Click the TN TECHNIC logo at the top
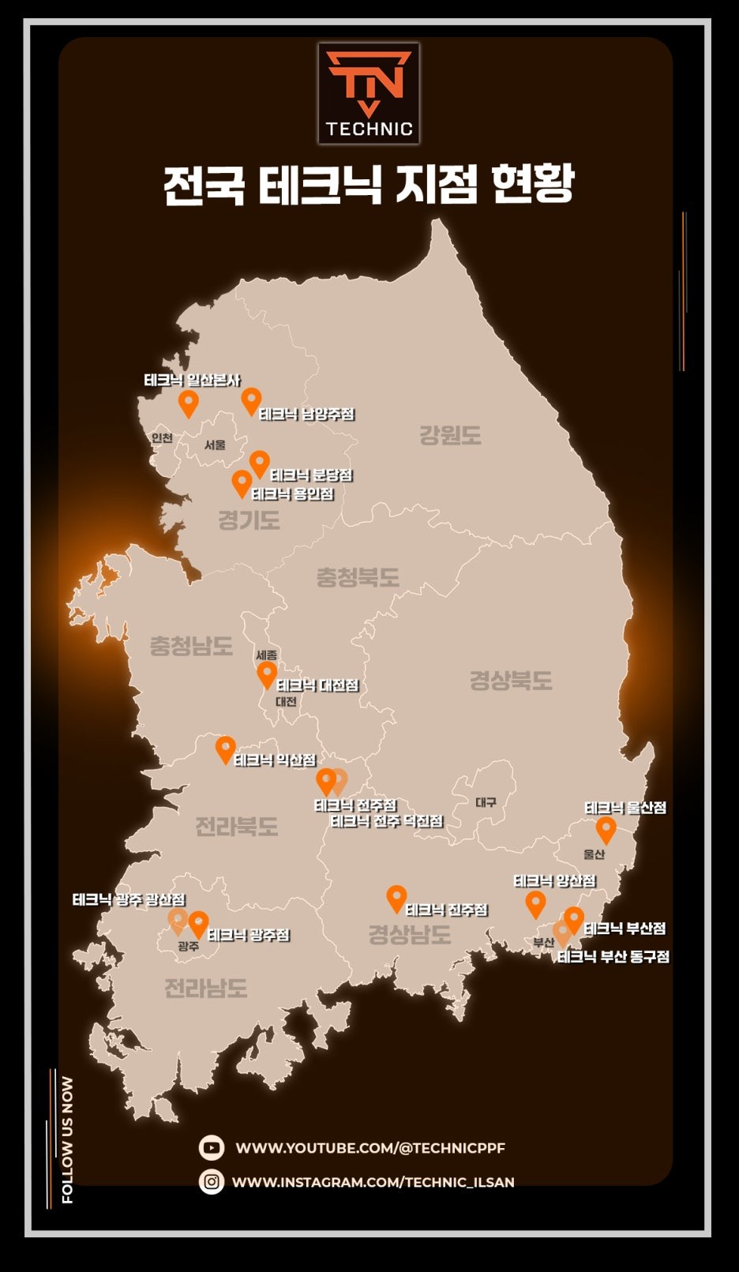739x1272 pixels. click(369, 93)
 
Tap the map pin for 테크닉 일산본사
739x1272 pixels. click(188, 403)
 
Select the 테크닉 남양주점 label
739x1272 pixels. click(307, 414)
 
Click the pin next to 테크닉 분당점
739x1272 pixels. click(259, 463)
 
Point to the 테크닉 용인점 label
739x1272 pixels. click(292, 494)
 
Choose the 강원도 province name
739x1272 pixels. click(450, 435)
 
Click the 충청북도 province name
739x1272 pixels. click(358, 577)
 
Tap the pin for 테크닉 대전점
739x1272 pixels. click(267, 674)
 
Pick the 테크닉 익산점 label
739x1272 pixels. click(275, 760)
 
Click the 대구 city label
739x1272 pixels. click(486, 802)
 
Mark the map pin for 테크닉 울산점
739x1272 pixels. click(606, 829)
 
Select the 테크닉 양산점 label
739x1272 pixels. click(554, 881)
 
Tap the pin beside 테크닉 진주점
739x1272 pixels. click(396, 898)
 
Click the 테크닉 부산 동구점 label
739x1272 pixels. click(613, 957)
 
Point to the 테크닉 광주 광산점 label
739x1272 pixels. click(129, 900)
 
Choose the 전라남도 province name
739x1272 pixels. click(206, 988)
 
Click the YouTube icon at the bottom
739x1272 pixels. click(212, 1147)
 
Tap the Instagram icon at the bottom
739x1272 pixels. click(212, 1182)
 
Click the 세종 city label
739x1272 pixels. click(267, 655)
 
